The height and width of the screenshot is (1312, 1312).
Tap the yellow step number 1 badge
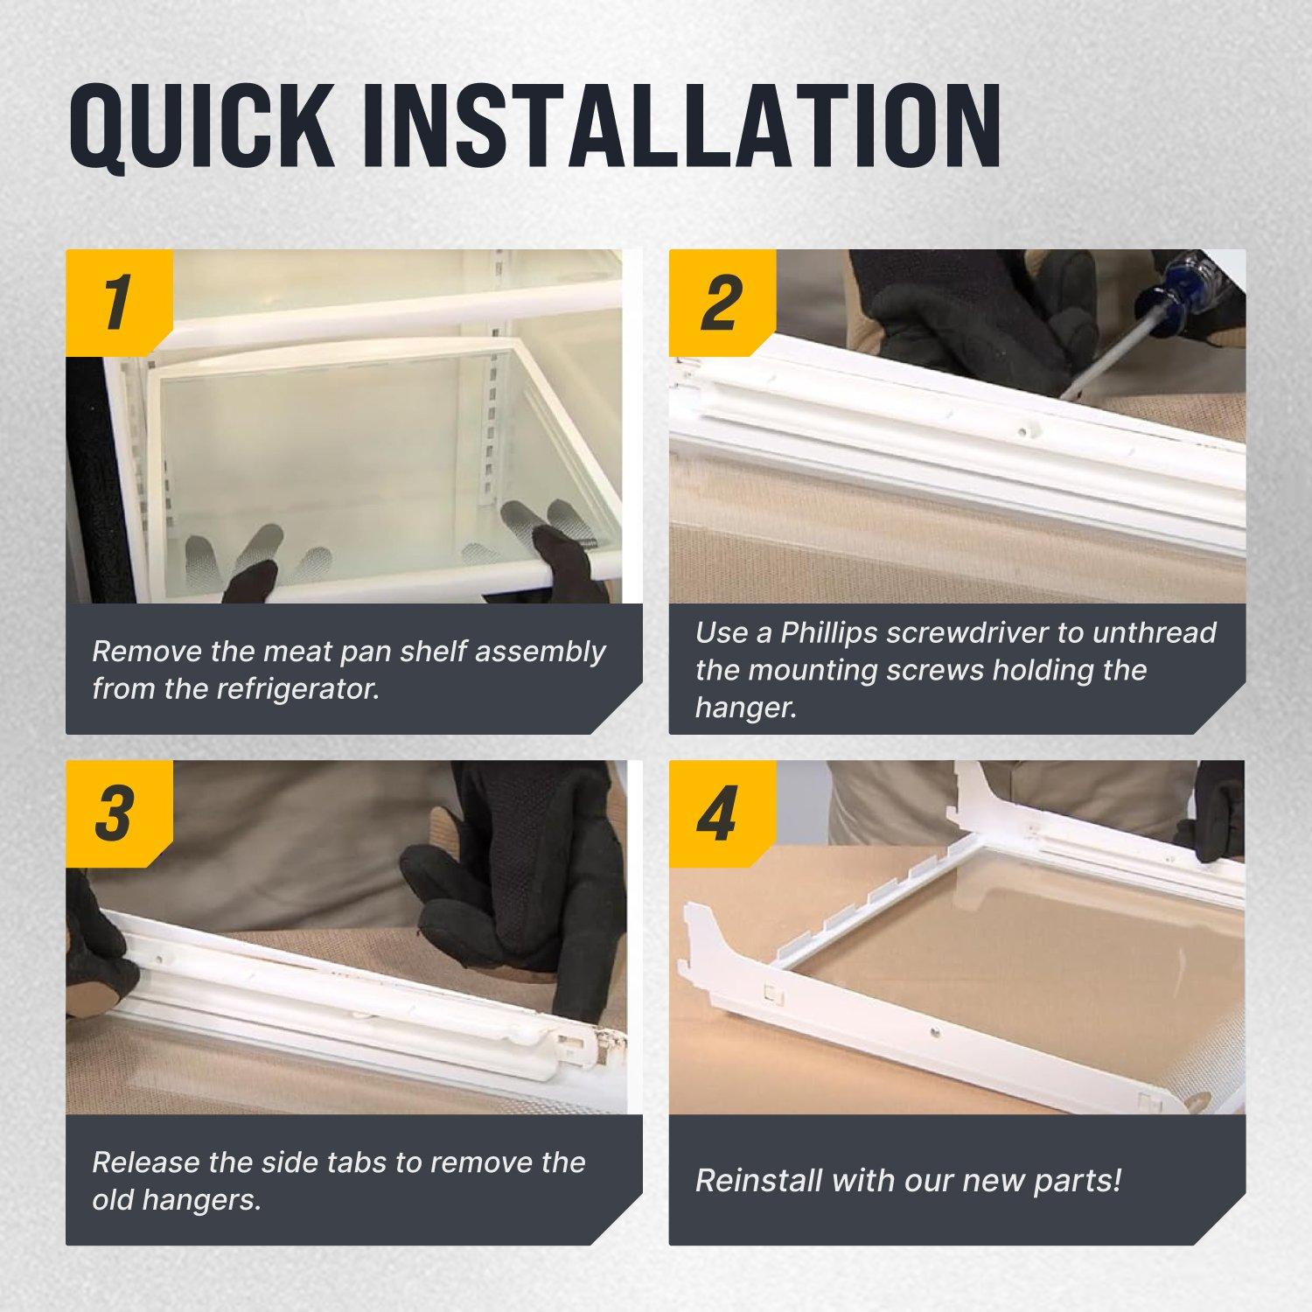click(119, 303)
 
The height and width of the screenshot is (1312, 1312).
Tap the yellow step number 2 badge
click(722, 303)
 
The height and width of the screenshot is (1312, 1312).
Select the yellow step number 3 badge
click(119, 813)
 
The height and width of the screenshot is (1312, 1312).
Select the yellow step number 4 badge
click(722, 813)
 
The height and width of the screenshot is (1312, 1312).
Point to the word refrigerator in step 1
click(297, 689)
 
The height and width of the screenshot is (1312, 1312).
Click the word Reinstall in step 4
click(758, 1181)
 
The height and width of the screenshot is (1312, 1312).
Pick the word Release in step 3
click(145, 1162)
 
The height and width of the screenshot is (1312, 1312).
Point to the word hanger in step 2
click(745, 708)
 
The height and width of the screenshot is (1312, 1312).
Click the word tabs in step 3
click(359, 1162)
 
